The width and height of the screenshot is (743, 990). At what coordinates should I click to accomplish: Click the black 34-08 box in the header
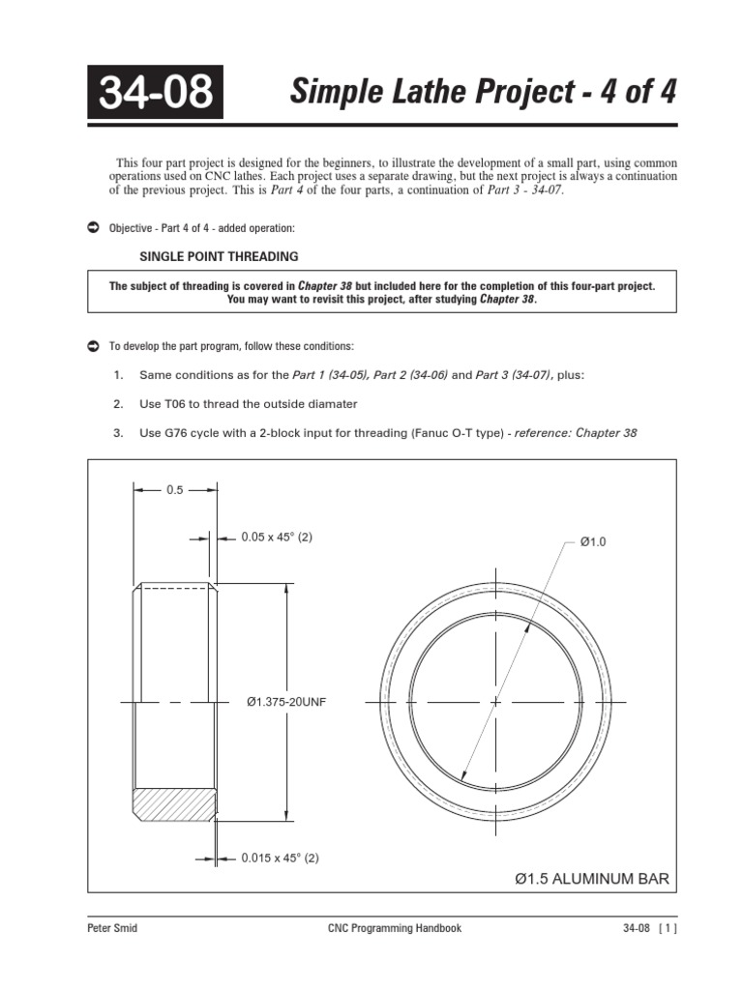click(x=155, y=93)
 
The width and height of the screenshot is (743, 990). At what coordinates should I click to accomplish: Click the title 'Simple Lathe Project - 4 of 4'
click(x=483, y=93)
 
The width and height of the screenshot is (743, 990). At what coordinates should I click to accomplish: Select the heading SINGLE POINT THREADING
click(x=219, y=256)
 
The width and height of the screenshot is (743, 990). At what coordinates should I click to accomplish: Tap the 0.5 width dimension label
click(x=174, y=490)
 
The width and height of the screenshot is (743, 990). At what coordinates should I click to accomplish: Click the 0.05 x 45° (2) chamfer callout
click(x=277, y=538)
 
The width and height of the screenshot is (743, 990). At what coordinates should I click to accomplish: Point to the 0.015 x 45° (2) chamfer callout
click(x=280, y=858)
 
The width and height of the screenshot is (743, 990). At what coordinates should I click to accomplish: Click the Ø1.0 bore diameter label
click(x=592, y=542)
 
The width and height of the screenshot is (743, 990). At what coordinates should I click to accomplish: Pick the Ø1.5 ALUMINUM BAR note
click(x=591, y=879)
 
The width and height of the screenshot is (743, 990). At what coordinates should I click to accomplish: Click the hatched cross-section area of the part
click(x=174, y=802)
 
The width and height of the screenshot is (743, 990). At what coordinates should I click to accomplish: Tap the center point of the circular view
click(x=494, y=701)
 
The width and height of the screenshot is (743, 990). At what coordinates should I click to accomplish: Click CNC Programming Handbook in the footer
click(x=395, y=928)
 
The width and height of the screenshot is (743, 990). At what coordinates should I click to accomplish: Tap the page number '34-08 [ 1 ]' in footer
click(x=649, y=928)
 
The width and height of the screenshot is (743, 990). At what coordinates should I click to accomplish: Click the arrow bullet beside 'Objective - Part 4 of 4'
click(x=93, y=227)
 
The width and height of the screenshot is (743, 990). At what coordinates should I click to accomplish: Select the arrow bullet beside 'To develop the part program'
click(x=93, y=345)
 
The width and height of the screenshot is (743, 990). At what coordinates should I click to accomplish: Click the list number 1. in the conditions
click(x=118, y=375)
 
